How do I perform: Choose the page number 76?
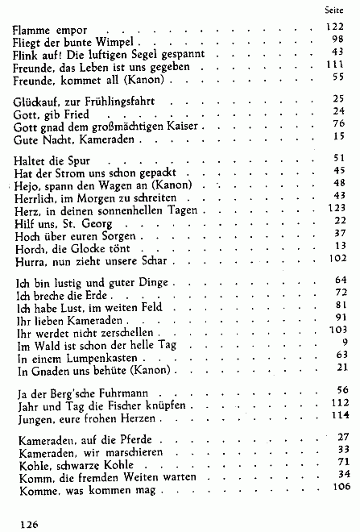[x=338, y=123]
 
